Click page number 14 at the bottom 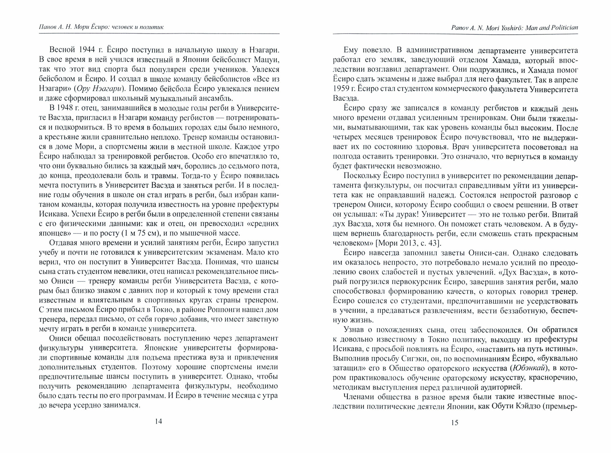pos(158,422)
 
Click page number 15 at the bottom pos(455,422)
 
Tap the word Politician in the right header pos(565,27)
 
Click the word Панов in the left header pos(48,27)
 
